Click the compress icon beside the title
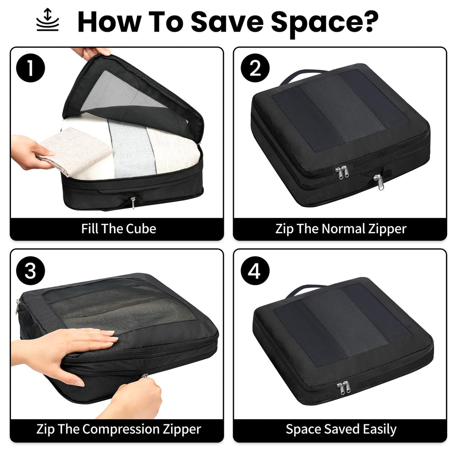pyautogui.click(x=48, y=20)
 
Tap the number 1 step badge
pyautogui.click(x=30, y=68)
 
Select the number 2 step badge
pyautogui.click(x=255, y=68)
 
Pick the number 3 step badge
pyautogui.click(x=30, y=271)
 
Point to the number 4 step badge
pyautogui.click(x=255, y=271)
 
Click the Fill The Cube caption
pyautogui.click(x=119, y=229)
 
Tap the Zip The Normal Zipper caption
pyautogui.click(x=340, y=229)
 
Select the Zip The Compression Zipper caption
pyautogui.click(x=119, y=429)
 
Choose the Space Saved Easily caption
pyautogui.click(x=340, y=429)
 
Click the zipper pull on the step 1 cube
pyautogui.click(x=133, y=202)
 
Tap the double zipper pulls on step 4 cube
pyautogui.click(x=343, y=388)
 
